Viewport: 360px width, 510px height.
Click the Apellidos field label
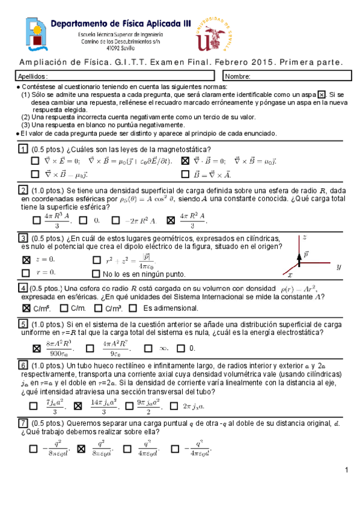click(x=29, y=76)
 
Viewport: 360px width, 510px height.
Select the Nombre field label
click(x=238, y=76)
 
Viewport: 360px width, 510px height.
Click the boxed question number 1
click(x=23, y=149)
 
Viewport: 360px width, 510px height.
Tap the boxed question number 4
click(x=23, y=287)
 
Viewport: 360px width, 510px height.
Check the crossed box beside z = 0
click(x=26, y=260)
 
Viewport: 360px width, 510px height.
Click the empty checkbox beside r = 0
click(x=26, y=272)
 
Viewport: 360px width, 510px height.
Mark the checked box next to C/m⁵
click(x=26, y=308)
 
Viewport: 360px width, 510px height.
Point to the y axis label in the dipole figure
click(x=338, y=266)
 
